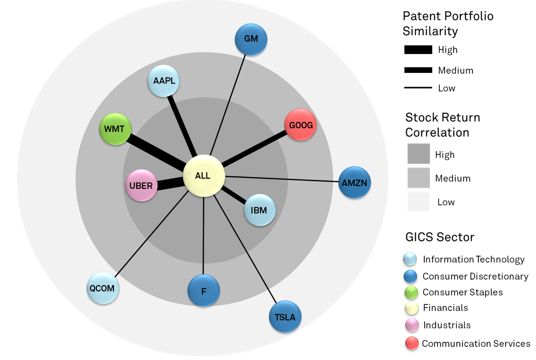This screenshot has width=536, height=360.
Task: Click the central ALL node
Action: click(204, 176)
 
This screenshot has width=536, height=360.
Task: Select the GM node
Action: click(251, 39)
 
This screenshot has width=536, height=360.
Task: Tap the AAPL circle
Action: click(164, 81)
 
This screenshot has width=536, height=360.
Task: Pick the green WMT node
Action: click(115, 129)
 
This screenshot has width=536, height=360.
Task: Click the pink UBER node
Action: click(141, 186)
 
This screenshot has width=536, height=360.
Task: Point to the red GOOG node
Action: click(300, 125)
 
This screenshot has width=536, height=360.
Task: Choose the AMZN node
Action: click(355, 183)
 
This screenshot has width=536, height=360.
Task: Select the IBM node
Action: click(259, 210)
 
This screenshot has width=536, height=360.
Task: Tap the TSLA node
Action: click(286, 316)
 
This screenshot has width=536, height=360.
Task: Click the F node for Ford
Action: click(204, 290)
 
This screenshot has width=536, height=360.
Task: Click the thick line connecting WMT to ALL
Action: click(157, 152)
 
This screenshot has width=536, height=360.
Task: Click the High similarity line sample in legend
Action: click(418, 50)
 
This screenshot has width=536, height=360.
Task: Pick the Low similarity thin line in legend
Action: click(418, 88)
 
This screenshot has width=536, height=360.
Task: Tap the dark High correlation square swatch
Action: click(418, 154)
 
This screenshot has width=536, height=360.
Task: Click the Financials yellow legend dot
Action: click(412, 308)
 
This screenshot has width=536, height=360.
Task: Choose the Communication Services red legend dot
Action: click(412, 344)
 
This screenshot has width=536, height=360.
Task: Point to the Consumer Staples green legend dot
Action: click(412, 292)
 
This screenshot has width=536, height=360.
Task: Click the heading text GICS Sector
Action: click(440, 237)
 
